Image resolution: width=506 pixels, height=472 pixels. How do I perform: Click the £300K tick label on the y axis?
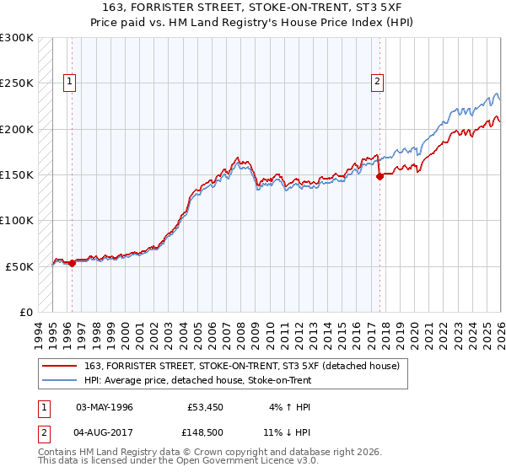pos(17,38)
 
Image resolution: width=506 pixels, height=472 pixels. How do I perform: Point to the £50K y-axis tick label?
pos(19,266)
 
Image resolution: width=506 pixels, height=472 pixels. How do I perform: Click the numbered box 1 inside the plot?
pos(68,82)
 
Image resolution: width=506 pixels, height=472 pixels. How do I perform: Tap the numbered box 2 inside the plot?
pos(376,82)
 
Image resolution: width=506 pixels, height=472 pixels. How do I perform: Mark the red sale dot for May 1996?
pos(72,263)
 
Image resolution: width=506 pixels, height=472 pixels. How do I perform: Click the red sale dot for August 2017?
pos(379,176)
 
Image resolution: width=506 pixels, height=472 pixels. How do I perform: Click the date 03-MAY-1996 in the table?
pos(105,407)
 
